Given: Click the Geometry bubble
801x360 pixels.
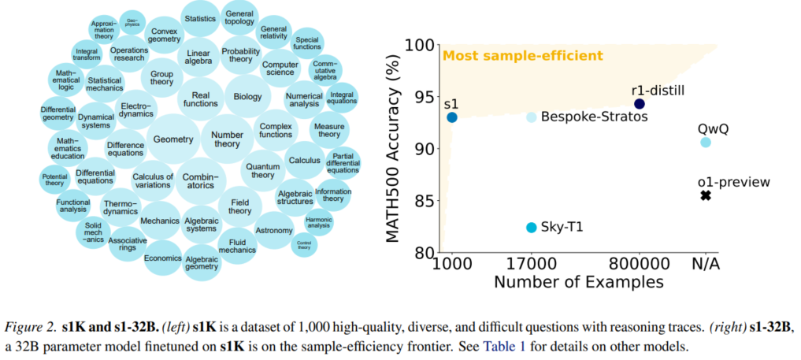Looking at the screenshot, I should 173,139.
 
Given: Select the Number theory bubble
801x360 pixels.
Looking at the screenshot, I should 227,139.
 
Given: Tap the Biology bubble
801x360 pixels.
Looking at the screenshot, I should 247,96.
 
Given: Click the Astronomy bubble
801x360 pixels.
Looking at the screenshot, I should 274,230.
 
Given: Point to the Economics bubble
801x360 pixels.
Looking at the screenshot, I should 162,258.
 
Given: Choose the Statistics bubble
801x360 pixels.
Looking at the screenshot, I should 199,18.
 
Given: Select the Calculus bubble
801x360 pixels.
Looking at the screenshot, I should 305,160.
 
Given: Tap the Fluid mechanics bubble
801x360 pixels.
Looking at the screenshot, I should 236,245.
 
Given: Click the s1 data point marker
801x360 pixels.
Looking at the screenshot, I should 452,117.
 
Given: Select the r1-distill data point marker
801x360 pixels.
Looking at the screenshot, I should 640,104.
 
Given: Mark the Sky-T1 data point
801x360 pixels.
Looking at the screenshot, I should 532,228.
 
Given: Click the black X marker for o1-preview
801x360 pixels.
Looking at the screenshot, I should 706,195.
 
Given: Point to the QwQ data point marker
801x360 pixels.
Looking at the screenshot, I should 706,143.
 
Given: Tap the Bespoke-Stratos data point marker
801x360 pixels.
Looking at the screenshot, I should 532,117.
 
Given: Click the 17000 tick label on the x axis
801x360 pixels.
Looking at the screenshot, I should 532,263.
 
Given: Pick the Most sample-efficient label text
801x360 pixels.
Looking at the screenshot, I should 523,56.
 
